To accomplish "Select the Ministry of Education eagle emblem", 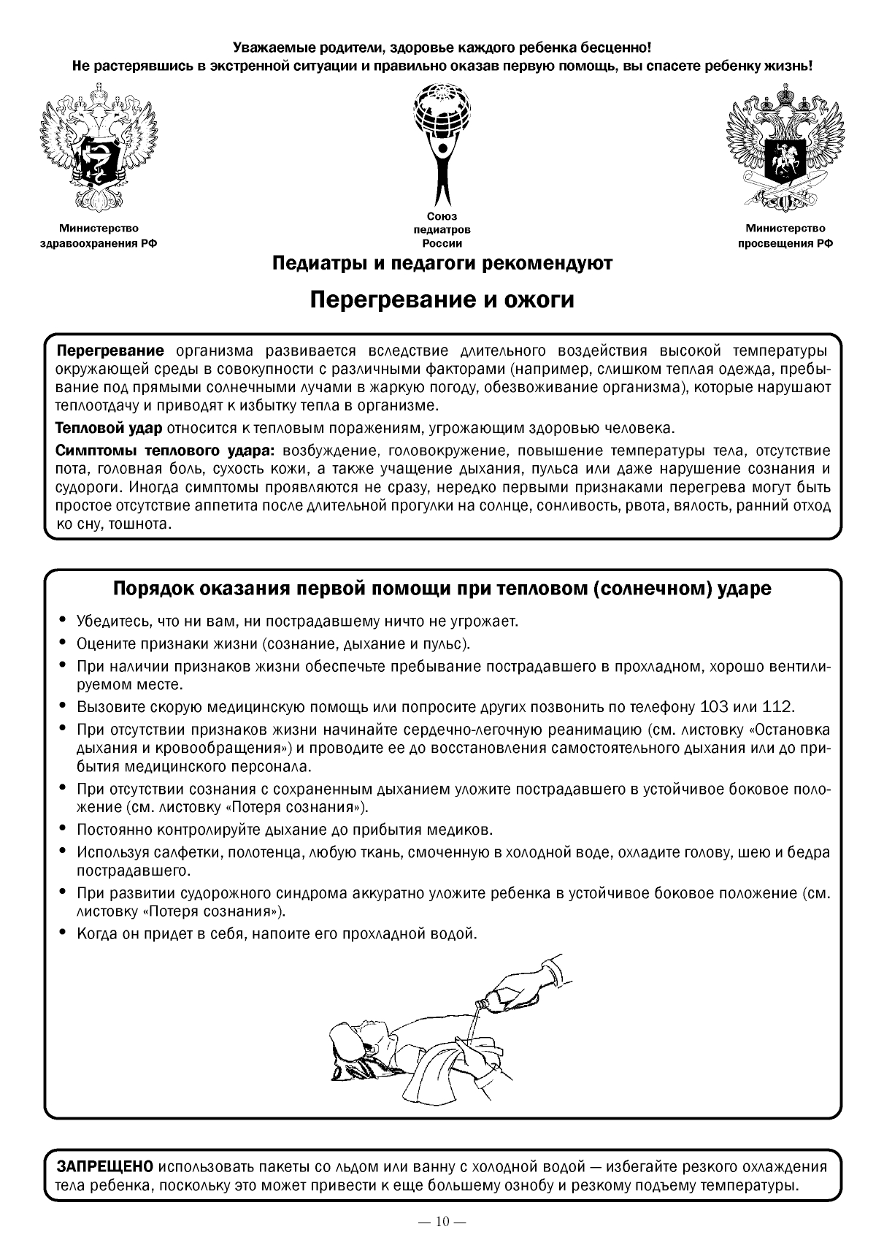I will pos(785,146).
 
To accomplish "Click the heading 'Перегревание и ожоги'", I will pos(442,300).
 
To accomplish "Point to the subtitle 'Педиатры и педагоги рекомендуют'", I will pos(442,263).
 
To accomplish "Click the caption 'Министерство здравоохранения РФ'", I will pos(98,237).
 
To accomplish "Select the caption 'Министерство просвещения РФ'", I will pos(785,237).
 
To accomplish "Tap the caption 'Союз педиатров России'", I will pos(442,230).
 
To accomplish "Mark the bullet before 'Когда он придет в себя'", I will pos(63,933).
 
